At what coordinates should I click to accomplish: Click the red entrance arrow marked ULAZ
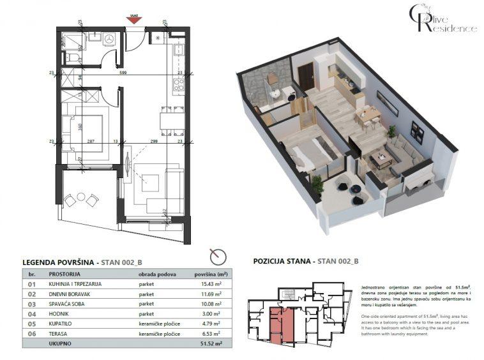tap(133, 20)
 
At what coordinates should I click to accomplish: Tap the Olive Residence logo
tap(442, 19)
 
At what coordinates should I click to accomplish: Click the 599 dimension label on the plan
tap(125, 73)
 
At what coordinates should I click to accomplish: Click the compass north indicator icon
tap(218, 256)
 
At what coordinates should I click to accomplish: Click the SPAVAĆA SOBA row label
tap(66, 304)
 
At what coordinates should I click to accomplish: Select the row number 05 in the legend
tap(30, 324)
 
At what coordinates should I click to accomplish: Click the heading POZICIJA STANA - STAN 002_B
tap(306, 261)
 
